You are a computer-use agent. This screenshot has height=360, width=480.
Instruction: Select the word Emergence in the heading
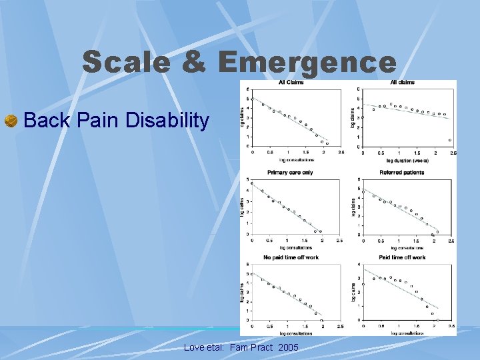click(307, 63)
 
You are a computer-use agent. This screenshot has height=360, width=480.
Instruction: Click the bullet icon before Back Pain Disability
click(11, 121)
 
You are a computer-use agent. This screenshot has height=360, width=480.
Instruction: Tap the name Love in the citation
click(195, 348)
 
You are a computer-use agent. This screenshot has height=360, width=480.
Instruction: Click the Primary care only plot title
click(290, 172)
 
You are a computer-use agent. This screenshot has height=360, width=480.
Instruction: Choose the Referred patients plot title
click(401, 172)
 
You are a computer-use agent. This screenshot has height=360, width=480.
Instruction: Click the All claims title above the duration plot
click(402, 83)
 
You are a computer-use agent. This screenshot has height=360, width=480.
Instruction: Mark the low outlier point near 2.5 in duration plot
click(451, 140)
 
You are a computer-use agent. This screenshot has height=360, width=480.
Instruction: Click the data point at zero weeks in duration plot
click(363, 117)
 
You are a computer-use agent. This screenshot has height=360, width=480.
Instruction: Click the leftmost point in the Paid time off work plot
click(363, 284)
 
